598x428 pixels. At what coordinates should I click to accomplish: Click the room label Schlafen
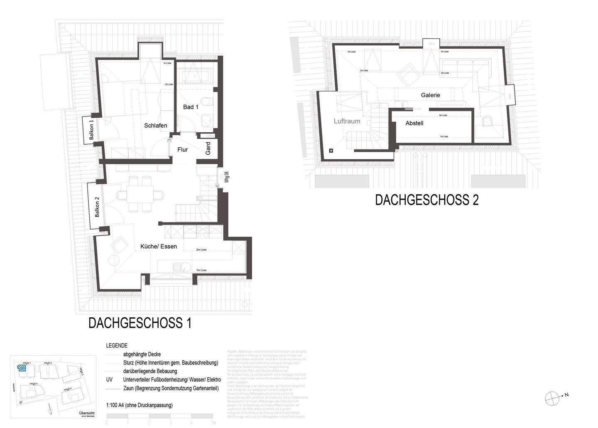[156, 126]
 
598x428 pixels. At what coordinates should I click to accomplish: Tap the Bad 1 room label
[191, 107]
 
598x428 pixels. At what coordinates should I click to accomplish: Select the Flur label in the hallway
[182, 150]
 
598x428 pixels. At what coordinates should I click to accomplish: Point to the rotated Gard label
[208, 148]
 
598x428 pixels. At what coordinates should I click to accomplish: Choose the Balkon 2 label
[97, 207]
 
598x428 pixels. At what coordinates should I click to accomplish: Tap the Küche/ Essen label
[159, 247]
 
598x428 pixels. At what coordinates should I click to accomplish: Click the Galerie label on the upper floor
[430, 95]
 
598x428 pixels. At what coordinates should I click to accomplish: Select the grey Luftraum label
[347, 121]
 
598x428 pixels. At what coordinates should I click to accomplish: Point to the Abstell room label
[414, 124]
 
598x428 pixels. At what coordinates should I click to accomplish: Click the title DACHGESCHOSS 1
[140, 323]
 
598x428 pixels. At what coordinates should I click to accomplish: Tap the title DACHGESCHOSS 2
[426, 200]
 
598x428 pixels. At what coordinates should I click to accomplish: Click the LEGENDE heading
[117, 346]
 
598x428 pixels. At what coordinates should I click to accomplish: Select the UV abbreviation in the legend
[109, 380]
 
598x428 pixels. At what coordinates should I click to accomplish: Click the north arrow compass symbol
[552, 398]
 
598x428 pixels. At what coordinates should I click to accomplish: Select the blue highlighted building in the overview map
[21, 367]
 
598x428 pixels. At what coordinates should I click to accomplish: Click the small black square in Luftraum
[331, 151]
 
